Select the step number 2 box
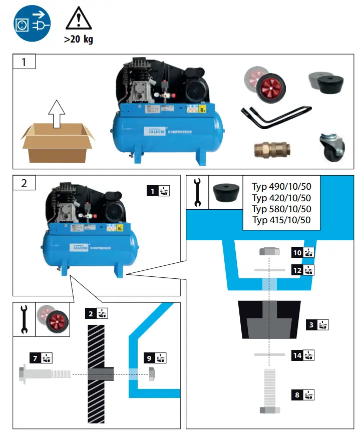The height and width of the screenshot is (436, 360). [24, 182]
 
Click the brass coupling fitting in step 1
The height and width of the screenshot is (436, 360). [270, 149]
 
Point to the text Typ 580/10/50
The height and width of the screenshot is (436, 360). [281, 209]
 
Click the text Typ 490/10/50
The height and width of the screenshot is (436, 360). [281, 187]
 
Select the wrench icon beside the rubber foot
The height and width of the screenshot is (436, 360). [197, 193]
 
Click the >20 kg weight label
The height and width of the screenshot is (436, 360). [78, 40]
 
